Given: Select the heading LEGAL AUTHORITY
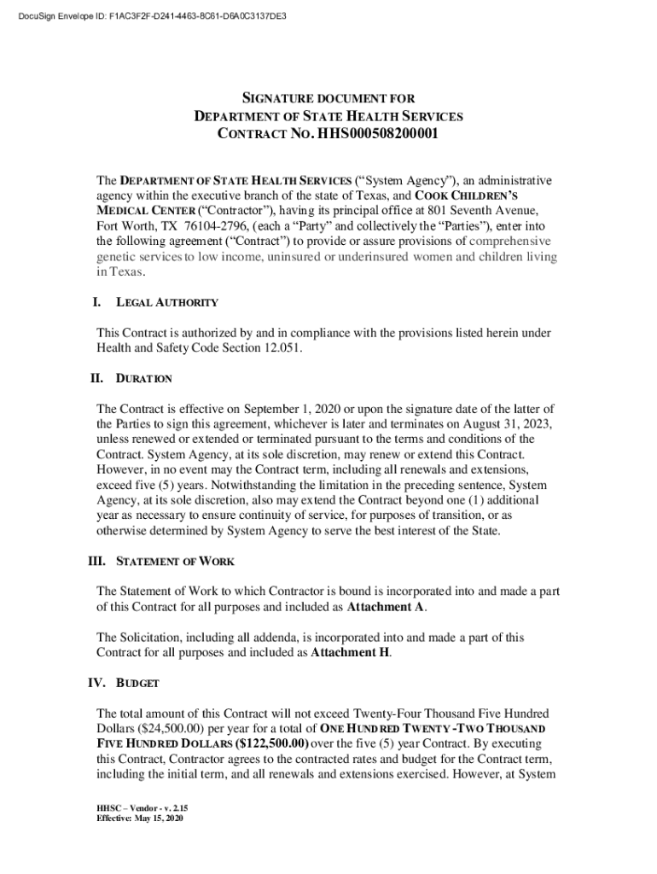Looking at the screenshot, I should point(167,302).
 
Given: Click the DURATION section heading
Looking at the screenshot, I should point(144,378).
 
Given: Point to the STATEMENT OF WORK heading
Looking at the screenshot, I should point(175,562).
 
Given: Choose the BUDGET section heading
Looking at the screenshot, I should point(137,684).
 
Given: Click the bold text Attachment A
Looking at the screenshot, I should point(386,608).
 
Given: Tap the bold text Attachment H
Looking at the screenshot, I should point(350,653).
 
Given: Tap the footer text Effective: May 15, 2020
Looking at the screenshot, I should point(140,819).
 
